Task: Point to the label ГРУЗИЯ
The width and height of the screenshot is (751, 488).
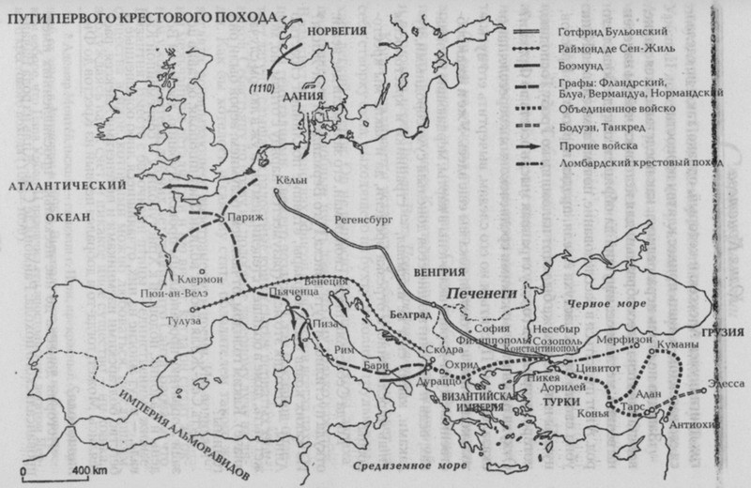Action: (728, 333)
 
